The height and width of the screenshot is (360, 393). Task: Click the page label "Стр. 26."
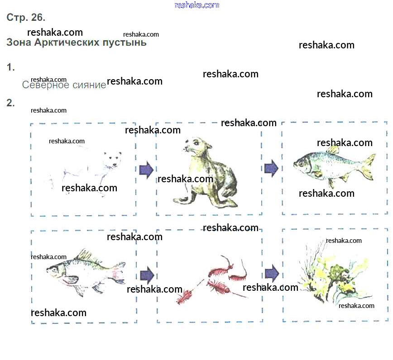click(x=26, y=17)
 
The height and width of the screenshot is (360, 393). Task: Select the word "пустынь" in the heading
click(x=125, y=43)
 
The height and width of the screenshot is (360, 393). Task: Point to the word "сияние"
click(x=89, y=85)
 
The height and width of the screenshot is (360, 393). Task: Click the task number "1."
click(x=10, y=67)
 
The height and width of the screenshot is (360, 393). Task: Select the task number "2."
click(x=10, y=103)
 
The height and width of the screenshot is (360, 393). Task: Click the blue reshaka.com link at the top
click(x=197, y=5)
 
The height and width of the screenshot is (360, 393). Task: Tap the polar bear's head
click(x=112, y=160)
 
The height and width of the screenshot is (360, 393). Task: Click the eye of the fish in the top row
click(x=301, y=164)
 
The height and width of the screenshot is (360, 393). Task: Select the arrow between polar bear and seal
click(x=146, y=170)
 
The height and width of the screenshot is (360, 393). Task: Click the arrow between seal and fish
click(x=272, y=168)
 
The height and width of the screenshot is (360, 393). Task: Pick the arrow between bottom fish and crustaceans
click(x=147, y=275)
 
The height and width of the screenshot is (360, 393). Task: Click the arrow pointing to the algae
click(x=272, y=273)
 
